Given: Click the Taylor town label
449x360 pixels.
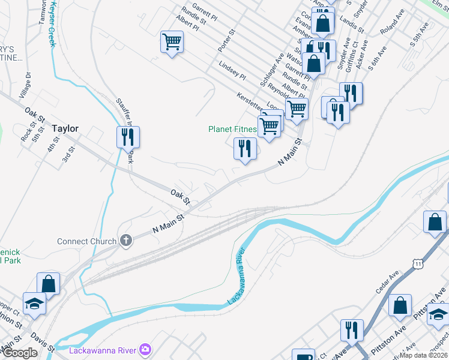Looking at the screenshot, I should (65, 128).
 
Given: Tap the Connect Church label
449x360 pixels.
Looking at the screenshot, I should (86, 242).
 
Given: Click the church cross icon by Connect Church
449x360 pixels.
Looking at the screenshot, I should (125, 241).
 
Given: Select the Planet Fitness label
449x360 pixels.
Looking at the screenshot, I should (233, 129).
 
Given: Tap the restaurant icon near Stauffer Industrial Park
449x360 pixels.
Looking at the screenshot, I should (128, 137).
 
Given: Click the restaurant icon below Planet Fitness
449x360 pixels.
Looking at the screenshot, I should (245, 148).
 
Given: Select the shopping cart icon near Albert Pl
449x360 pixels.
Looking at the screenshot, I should (172, 42).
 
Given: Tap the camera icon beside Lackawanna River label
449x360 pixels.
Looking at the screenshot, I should (145, 349).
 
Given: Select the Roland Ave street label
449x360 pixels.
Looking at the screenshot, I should (393, 27).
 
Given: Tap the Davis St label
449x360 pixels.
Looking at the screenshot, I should (42, 343).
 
